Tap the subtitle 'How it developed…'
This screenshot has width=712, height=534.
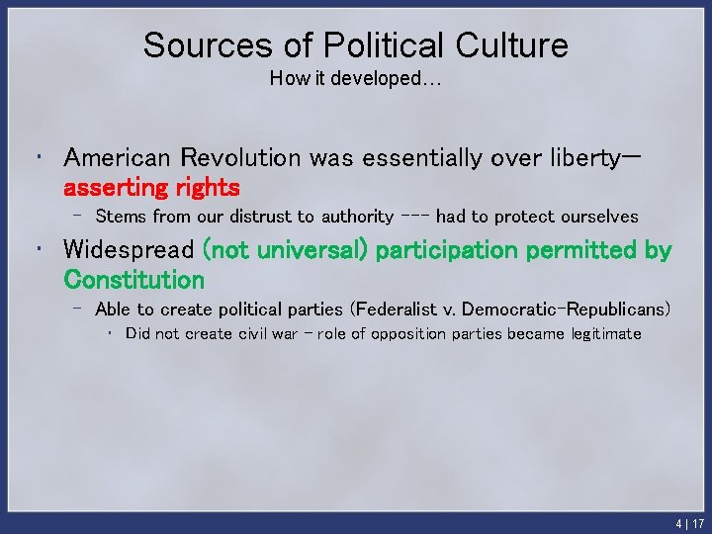[355, 79]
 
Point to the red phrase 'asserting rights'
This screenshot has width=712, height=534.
[151, 187]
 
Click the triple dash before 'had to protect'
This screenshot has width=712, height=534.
[415, 217]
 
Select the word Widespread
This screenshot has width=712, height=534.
[129, 251]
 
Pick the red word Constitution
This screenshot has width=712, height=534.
[134, 280]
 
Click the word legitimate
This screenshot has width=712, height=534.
[604, 334]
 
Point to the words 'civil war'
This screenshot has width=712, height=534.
[266, 334]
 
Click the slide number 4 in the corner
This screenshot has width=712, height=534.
[679, 524]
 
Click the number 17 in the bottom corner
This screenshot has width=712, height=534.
[698, 524]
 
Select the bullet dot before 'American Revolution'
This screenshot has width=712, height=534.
[37, 157]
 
